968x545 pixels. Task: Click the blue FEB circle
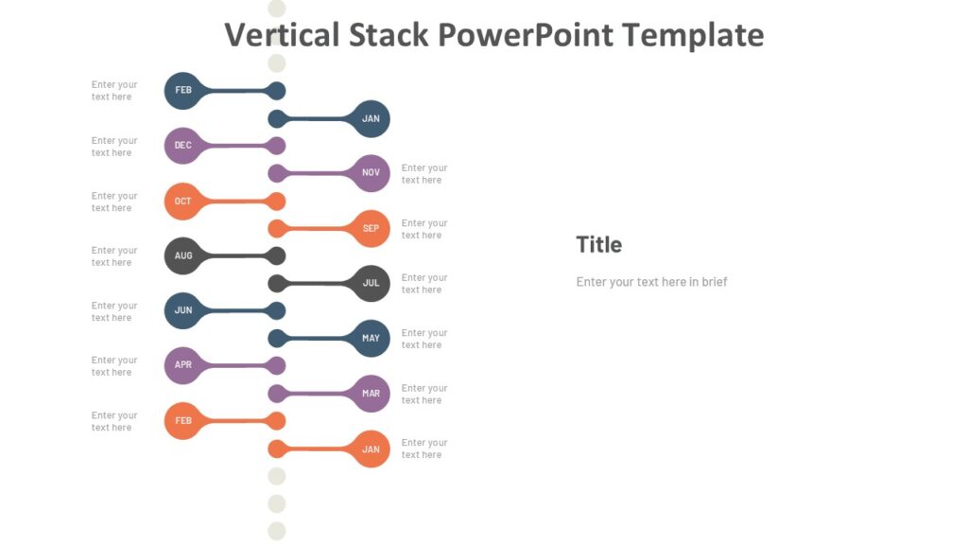(x=183, y=91)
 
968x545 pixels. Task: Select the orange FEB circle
(x=183, y=421)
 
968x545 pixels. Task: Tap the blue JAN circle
(x=371, y=119)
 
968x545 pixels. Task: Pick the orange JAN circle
(x=371, y=449)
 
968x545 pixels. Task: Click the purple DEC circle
(x=183, y=146)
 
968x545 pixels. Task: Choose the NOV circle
(x=371, y=173)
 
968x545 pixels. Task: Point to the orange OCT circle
(x=183, y=202)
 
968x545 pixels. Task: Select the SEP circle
(x=371, y=229)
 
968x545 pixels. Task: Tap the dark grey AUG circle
(x=183, y=256)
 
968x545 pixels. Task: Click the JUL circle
(x=371, y=284)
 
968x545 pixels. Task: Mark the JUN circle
(x=183, y=311)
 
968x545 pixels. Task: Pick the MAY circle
(x=371, y=339)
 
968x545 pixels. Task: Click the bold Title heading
(x=599, y=245)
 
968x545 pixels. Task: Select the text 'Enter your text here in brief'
(x=651, y=282)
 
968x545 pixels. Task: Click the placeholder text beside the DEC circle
(x=114, y=147)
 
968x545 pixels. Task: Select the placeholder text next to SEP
(x=424, y=229)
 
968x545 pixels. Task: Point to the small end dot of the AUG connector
(x=276, y=255)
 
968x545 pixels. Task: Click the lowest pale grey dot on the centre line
(x=276, y=531)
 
